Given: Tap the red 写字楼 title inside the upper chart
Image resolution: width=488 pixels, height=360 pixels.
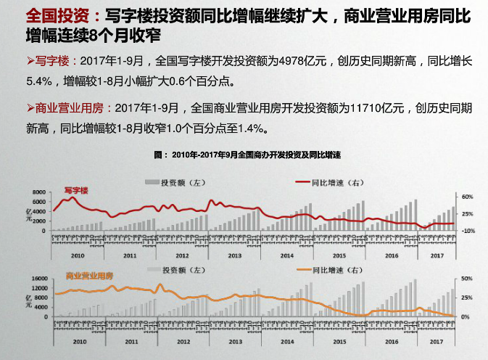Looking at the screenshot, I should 75,190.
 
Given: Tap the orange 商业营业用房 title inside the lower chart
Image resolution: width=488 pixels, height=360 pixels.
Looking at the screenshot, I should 91,276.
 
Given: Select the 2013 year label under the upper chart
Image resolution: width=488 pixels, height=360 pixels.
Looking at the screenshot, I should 235,255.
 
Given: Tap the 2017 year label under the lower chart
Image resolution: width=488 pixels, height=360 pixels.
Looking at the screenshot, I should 437,340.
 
